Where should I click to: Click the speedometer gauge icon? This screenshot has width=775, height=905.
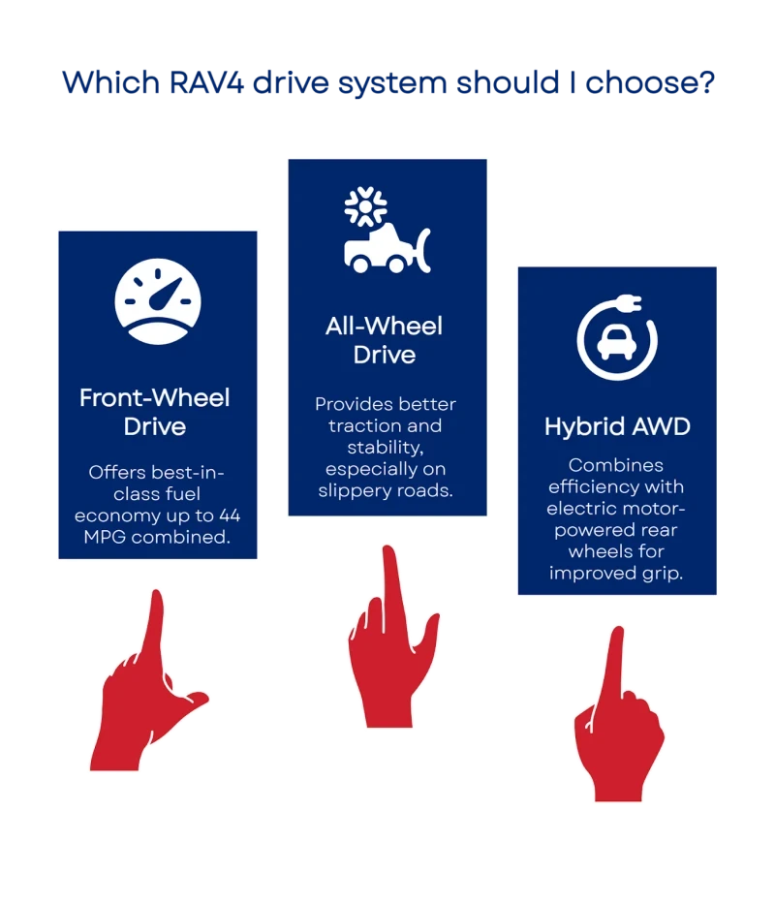[x=158, y=296]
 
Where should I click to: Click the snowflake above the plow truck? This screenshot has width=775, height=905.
[x=365, y=205]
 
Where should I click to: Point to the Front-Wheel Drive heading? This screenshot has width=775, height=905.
[x=155, y=412]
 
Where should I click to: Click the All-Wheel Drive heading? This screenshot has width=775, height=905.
[x=384, y=339]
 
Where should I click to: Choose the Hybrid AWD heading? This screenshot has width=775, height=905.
[x=616, y=427]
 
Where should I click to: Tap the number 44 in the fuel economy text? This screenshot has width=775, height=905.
[x=230, y=515]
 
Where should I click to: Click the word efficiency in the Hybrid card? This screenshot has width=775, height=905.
[x=587, y=487]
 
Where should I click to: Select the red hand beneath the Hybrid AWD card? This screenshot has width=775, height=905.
[x=616, y=722]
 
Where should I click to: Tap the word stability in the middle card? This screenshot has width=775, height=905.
[x=384, y=447]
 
